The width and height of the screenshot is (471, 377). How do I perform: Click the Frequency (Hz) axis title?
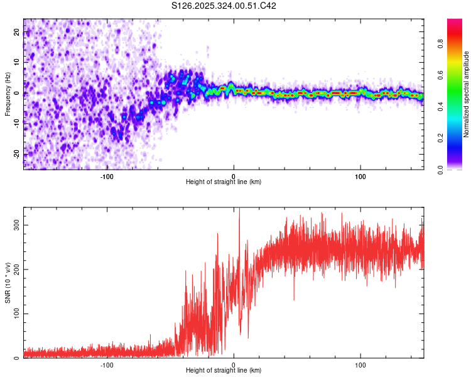[8, 94]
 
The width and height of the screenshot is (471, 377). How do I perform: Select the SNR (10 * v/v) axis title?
[8, 282]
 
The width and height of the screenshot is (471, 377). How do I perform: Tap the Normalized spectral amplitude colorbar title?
[466, 94]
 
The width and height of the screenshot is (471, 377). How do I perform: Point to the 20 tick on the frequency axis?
[17, 33]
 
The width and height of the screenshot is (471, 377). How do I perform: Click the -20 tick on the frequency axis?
[16, 154]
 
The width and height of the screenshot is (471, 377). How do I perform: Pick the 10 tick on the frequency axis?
[17, 63]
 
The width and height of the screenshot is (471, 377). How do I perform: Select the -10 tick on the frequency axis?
[16, 124]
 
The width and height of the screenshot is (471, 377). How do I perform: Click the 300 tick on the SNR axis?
[14, 225]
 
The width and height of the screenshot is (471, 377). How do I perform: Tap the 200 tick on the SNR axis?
[14, 270]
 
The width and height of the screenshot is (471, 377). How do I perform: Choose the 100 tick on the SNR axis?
[14, 314]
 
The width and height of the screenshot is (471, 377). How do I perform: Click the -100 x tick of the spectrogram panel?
[106, 176]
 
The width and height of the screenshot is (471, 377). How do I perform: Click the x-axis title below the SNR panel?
[224, 371]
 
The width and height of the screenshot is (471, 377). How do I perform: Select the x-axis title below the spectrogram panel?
[224, 182]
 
